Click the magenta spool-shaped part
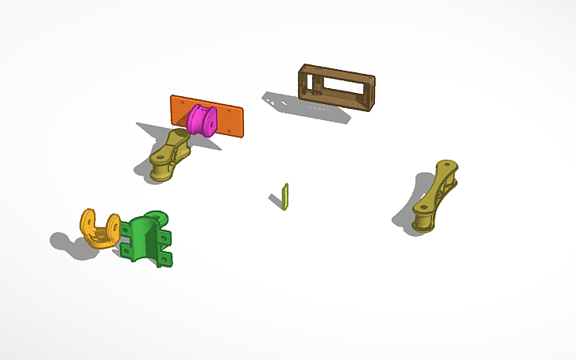point(203,120)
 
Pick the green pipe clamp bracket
point(146,238)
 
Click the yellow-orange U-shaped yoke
point(99,229)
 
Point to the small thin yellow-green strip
point(285,195)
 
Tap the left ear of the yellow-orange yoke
point(88,222)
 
